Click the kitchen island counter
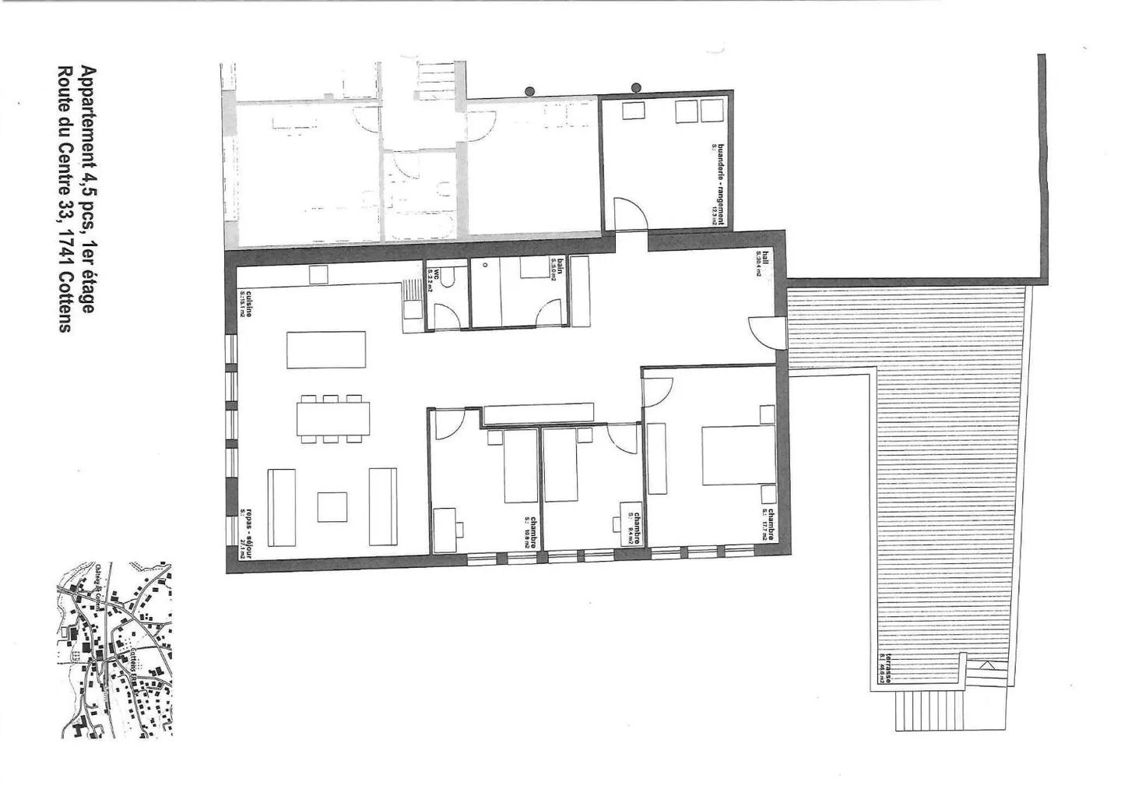326,350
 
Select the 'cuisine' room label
246,301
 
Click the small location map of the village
115,649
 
